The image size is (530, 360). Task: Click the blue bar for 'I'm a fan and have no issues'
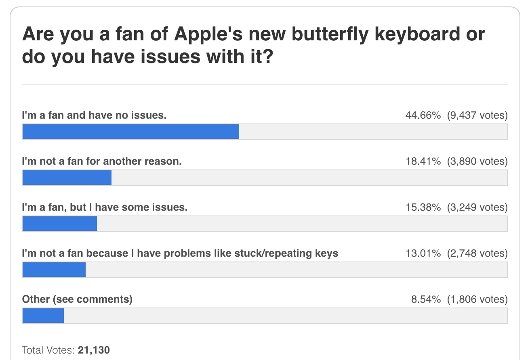[130, 132]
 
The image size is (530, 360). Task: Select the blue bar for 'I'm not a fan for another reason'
[67, 178]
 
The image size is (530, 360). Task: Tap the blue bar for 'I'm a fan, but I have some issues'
[59, 224]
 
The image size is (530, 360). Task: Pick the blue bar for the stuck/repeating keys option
[54, 270]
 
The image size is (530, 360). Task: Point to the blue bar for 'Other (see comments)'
[43, 316]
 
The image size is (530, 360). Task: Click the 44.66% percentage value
[423, 115]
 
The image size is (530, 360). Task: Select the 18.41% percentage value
[423, 161]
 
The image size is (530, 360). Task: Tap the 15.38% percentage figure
[423, 207]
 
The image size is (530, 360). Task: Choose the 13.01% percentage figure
[423, 253]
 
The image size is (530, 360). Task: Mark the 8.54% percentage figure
[426, 299]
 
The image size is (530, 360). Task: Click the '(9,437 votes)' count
[477, 115]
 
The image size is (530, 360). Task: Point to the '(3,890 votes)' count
[477, 161]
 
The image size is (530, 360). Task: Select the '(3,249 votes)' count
[477, 207]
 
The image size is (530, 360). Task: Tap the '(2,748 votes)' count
[477, 253]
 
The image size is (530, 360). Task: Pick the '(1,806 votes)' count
[477, 299]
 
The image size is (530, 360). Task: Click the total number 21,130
[94, 350]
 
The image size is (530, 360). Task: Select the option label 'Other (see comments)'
[77, 299]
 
